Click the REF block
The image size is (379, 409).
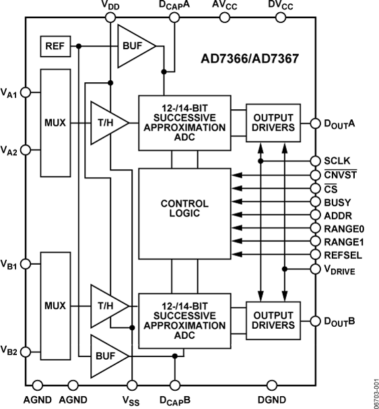(x=54, y=46)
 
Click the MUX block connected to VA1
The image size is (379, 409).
(x=57, y=123)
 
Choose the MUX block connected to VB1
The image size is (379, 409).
(x=57, y=305)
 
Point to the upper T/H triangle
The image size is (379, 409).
(x=108, y=123)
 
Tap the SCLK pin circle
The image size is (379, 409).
(x=314, y=161)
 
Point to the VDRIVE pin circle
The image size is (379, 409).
(x=314, y=269)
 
